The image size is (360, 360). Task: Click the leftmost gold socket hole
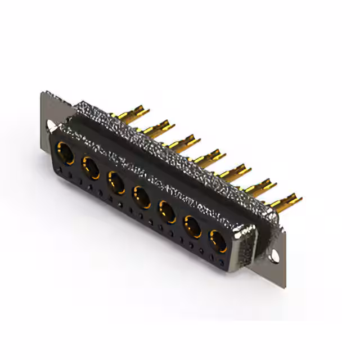tap(65, 153)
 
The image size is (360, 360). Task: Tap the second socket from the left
tap(91, 167)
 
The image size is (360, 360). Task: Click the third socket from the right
tap(167, 212)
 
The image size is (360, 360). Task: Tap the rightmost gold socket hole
tap(218, 241)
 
